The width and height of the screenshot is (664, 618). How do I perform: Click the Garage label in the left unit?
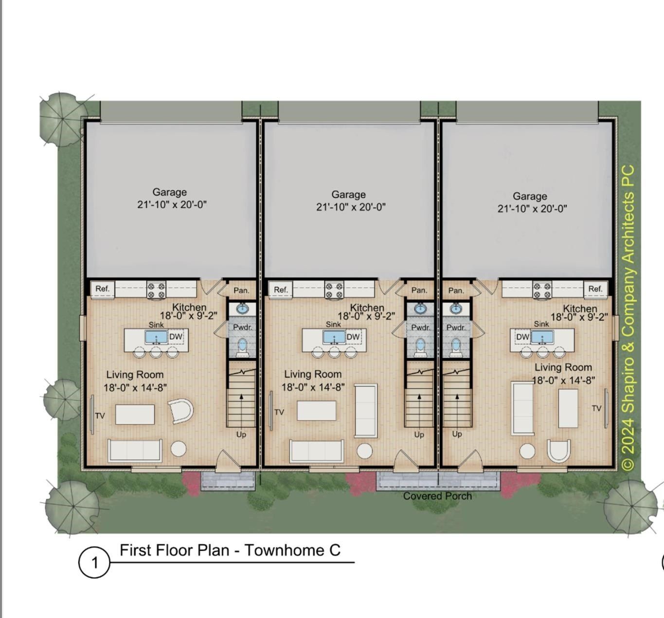[169, 192]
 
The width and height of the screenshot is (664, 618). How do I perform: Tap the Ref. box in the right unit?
[595, 289]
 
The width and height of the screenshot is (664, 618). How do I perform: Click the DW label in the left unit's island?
[176, 336]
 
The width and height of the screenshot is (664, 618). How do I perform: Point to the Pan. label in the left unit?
[241, 291]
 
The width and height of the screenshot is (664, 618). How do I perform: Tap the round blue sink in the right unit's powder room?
[456, 309]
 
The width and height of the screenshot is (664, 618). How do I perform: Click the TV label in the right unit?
[596, 408]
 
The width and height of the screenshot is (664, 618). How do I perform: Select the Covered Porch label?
[437, 496]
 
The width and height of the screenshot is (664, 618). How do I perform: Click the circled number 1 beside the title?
[94, 563]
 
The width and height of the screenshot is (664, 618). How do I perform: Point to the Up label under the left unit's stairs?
[241, 435]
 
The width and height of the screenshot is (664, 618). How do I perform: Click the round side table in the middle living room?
[364, 451]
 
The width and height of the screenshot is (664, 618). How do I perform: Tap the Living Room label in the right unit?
[563, 367]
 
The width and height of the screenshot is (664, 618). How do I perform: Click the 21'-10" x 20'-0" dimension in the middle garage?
[351, 207]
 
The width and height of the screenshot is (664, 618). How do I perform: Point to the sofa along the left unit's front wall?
[135, 451]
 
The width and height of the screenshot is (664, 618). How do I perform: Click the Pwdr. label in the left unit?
[242, 327]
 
